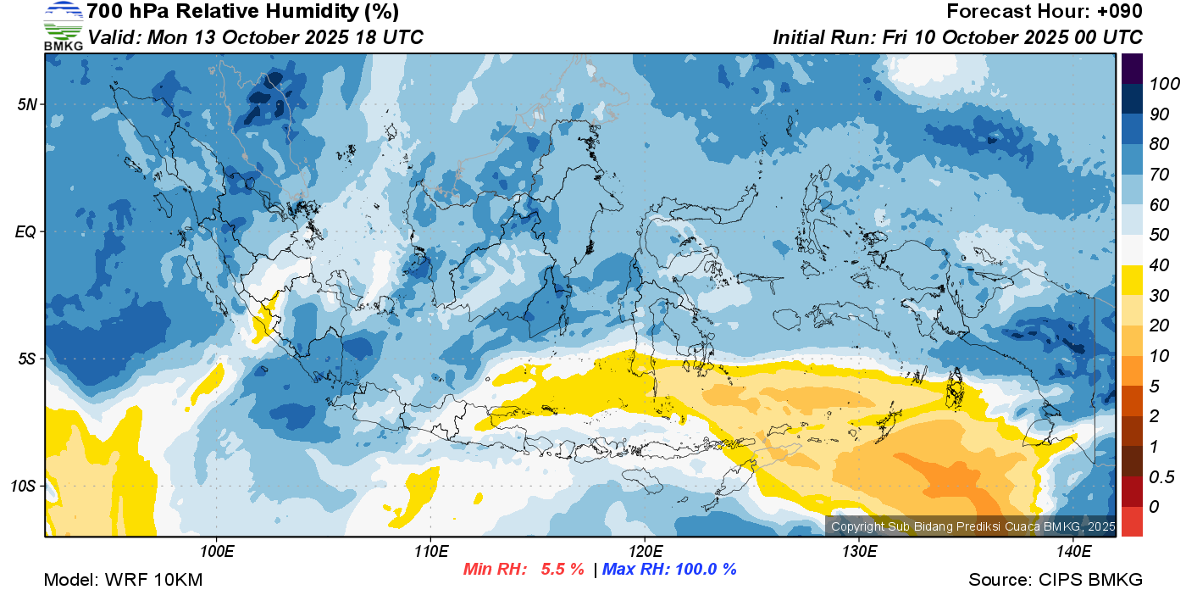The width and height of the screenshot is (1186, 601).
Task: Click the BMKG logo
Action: point(63,25)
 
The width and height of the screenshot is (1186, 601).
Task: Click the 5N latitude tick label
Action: point(26,104)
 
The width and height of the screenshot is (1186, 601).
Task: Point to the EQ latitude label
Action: point(25,231)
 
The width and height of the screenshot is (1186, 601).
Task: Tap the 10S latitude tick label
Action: point(23,486)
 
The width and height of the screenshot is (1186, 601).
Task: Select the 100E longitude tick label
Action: point(217,552)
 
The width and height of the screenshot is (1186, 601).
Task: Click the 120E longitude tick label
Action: point(645,552)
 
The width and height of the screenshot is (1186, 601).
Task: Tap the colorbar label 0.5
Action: point(1160,476)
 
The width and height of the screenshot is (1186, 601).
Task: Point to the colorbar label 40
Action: point(1159,265)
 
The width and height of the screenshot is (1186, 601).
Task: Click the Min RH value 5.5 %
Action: point(563,569)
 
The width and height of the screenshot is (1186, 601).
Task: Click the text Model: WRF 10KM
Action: point(123,580)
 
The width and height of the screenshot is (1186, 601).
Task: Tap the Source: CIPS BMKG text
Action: point(1056,580)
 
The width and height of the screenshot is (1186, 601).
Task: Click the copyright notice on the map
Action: point(973,526)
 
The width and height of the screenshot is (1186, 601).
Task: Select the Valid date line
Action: point(255,37)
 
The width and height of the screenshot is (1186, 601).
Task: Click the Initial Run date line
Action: point(957,37)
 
